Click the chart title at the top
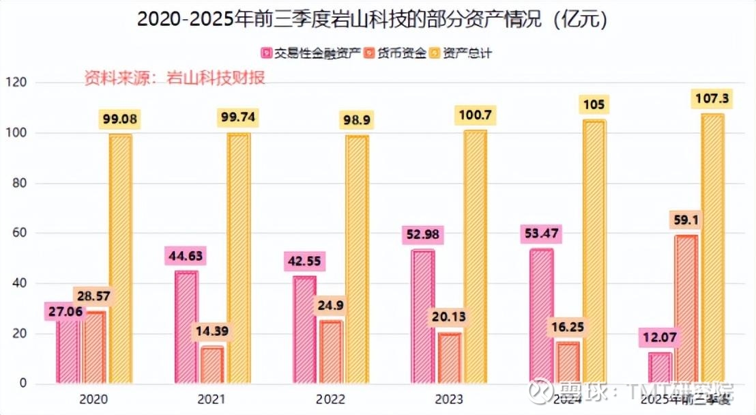click(x=372, y=19)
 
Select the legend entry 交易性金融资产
click(x=310, y=53)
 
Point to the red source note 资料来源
click(x=175, y=77)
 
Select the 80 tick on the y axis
click(x=19, y=183)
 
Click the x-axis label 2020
click(x=93, y=399)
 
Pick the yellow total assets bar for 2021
click(x=239, y=259)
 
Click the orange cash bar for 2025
click(x=686, y=311)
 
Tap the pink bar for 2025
click(x=660, y=369)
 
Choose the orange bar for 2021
click(x=212, y=366)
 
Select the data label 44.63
click(x=186, y=257)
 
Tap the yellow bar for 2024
click(x=594, y=253)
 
